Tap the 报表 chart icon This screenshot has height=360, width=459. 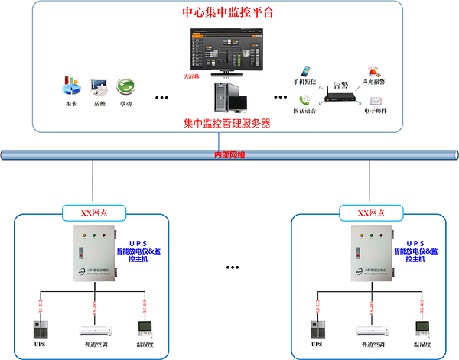pos(72,85)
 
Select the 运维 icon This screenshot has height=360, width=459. pos(99,86)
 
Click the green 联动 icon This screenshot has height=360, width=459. pos(125,86)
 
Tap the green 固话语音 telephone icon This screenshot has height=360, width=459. pos(305,99)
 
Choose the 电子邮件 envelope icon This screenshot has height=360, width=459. pos(376,100)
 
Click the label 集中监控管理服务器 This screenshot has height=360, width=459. pos(227,122)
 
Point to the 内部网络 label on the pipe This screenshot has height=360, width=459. pos(229,156)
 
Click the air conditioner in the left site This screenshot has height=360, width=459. pos(96,329)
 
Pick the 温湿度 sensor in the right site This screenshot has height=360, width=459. pos(422,328)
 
